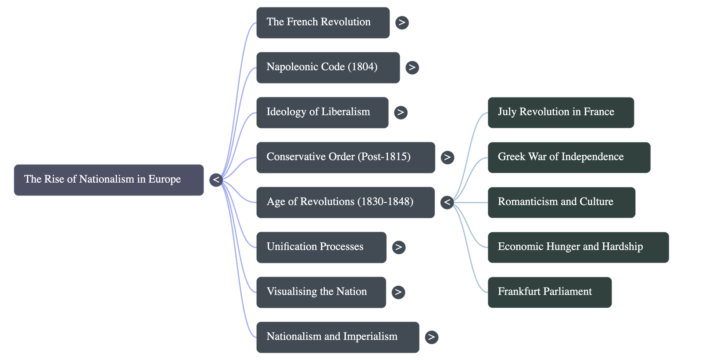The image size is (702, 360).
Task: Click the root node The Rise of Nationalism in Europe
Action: click(x=109, y=180)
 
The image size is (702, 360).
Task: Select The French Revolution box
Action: click(x=323, y=22)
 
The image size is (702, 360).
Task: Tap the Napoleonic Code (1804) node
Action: click(x=328, y=68)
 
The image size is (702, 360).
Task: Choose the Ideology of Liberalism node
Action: click(x=322, y=112)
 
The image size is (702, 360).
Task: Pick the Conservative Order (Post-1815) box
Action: click(x=345, y=157)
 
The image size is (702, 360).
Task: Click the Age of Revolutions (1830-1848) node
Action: click(x=345, y=202)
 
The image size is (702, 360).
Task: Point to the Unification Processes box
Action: click(x=321, y=247)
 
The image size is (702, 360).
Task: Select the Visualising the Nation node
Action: click(x=321, y=292)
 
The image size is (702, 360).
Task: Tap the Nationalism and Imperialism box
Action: click(x=337, y=337)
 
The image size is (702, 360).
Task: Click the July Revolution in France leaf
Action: click(x=561, y=112)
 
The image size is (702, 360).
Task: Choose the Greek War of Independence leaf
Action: click(x=569, y=157)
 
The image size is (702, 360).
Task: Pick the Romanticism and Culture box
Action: click(x=562, y=202)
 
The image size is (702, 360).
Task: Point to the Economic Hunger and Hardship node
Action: click(x=578, y=247)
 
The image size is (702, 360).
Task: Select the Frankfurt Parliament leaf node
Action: click(x=550, y=292)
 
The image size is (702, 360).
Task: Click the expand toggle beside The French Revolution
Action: click(x=401, y=22)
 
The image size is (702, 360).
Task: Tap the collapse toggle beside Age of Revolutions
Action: click(x=447, y=202)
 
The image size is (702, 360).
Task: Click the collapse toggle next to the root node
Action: click(x=216, y=180)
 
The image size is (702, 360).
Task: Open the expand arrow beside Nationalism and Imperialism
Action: click(x=431, y=337)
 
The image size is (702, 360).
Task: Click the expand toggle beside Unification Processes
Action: click(x=398, y=247)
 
